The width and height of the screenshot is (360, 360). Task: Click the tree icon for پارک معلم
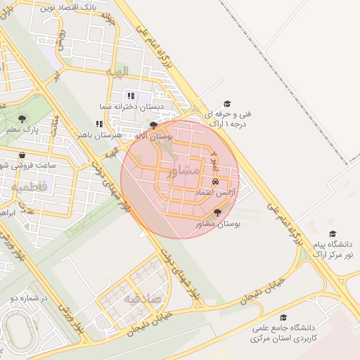22,118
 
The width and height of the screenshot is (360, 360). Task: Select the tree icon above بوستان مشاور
217,212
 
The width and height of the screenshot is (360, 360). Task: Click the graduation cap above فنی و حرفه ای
226,103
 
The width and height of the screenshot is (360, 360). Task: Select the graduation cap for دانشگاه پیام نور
333,233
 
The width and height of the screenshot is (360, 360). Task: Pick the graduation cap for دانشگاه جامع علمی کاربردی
283,318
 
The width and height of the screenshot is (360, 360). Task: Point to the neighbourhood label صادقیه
143,298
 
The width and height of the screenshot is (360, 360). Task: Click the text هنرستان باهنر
99,134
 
